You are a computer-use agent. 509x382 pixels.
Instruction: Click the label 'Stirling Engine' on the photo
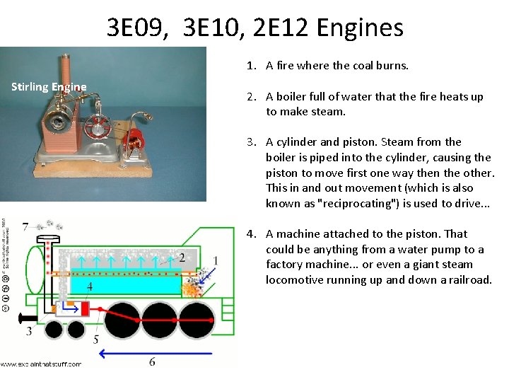click(49, 87)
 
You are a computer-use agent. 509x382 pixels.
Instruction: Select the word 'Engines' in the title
click(361, 28)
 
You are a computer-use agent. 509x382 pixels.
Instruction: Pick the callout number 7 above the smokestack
click(26, 226)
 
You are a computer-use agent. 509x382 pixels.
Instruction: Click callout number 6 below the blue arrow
click(152, 362)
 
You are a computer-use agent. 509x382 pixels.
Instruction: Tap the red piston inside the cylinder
click(83, 308)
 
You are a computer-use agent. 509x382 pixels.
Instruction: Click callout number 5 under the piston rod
click(96, 340)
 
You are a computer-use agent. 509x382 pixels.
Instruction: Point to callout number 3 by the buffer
click(29, 331)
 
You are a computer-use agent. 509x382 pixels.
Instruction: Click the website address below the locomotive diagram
click(41, 364)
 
